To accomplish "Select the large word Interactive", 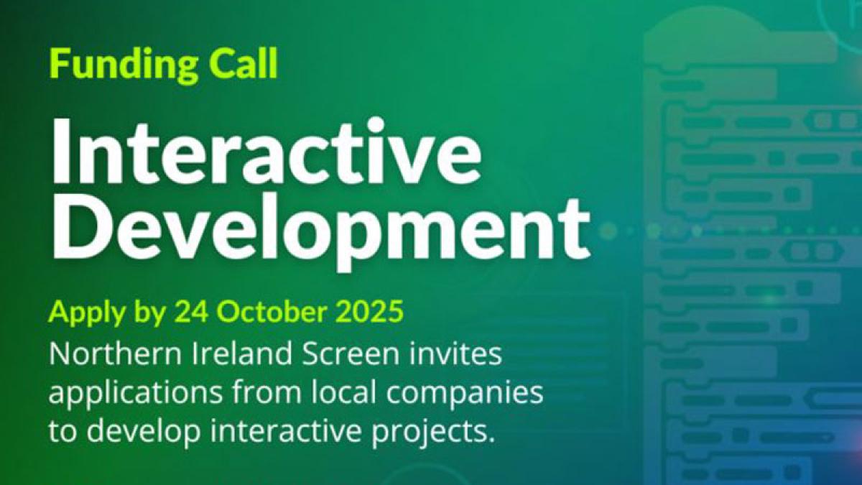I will tap(266, 154).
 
